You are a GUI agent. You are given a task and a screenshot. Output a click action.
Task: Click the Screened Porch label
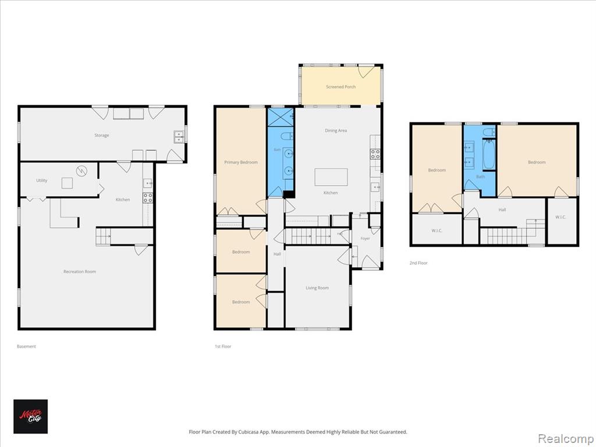click(340, 87)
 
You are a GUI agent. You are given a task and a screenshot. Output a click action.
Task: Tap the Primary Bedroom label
click(240, 162)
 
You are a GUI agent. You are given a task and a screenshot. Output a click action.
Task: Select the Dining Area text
click(336, 130)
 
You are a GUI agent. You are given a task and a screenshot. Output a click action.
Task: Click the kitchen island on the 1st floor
click(331, 177)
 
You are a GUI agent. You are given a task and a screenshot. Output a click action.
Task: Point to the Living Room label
click(317, 288)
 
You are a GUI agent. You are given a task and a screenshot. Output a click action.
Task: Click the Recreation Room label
click(79, 271)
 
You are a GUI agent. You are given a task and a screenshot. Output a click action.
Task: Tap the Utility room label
click(42, 180)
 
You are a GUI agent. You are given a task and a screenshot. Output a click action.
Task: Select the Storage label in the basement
click(101, 135)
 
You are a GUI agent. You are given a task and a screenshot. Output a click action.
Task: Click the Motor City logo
click(30, 416)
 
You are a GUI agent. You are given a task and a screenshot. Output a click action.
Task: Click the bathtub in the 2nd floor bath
click(489, 154)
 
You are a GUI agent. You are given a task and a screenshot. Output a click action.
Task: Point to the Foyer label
click(365, 238)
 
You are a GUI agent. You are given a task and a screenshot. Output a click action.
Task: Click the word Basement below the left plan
click(26, 346)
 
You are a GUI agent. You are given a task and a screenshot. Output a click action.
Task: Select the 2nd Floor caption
click(418, 262)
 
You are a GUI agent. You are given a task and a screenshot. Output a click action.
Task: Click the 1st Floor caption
click(223, 346)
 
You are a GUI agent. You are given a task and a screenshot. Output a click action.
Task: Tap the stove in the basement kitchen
click(148, 198)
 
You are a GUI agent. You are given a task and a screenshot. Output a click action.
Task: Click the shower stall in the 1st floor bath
click(281, 117)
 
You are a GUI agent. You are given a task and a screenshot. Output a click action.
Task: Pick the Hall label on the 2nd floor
click(502, 210)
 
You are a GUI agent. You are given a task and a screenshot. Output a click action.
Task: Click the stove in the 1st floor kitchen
click(375, 154)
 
